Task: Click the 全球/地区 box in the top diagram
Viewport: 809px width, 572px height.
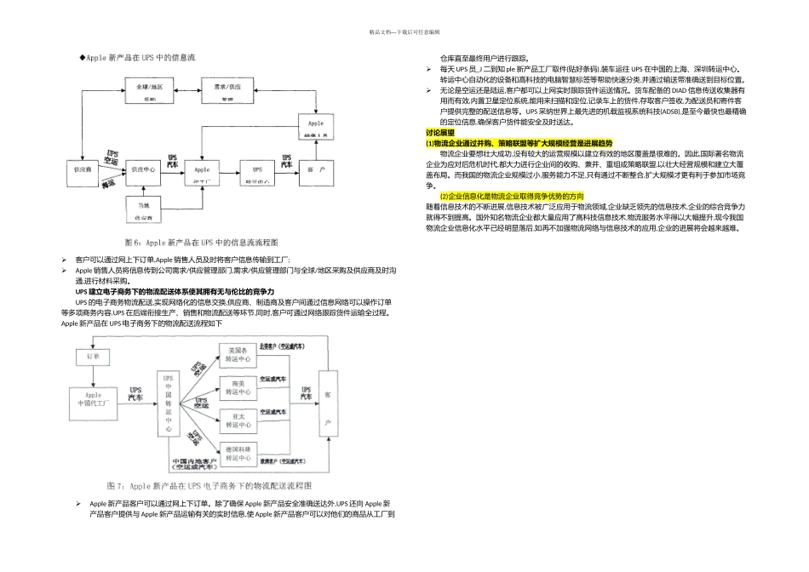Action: point(150,90)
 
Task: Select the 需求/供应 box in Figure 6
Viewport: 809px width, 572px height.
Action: point(227,90)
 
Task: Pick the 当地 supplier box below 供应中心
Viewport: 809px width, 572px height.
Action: point(149,209)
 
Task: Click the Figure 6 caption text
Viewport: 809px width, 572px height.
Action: point(201,243)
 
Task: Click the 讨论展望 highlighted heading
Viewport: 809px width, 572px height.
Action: point(439,134)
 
